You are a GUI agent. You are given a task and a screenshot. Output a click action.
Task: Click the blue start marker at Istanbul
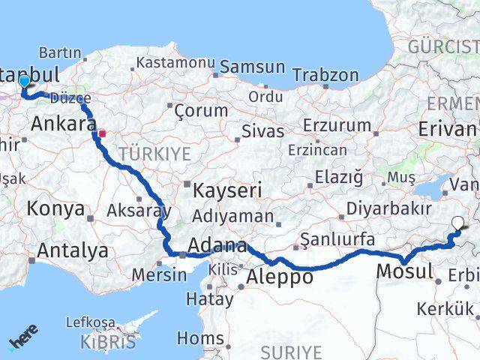pyautogui.click(x=24, y=81)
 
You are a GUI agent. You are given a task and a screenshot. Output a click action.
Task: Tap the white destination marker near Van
pyautogui.click(x=458, y=222)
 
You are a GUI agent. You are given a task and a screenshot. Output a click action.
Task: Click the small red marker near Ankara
pyautogui.click(x=103, y=134)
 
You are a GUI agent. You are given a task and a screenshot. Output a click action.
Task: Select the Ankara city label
pyautogui.click(x=64, y=123)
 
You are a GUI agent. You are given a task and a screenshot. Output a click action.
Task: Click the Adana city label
pyautogui.click(x=217, y=245)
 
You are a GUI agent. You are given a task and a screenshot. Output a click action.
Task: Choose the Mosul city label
pyautogui.click(x=406, y=271)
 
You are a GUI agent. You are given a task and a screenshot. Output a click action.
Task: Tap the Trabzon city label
pyautogui.click(x=325, y=75)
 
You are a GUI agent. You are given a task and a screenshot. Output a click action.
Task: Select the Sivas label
pyautogui.click(x=262, y=132)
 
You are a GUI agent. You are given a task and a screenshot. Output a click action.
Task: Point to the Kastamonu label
pyautogui.click(x=170, y=62)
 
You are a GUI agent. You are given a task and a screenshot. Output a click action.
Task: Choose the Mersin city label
pyautogui.click(x=159, y=274)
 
